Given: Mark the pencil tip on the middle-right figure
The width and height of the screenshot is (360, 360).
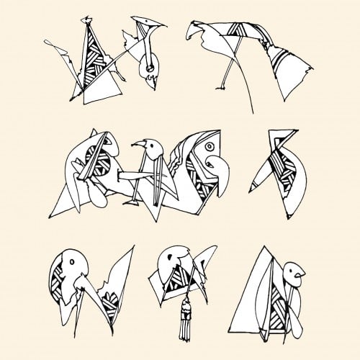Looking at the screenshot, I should (x=251, y=189).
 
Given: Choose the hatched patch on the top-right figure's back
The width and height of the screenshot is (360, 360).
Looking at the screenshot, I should (x=236, y=32).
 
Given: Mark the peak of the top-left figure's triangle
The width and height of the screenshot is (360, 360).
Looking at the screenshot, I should (x=89, y=20).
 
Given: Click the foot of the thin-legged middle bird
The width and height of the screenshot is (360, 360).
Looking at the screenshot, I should (x=132, y=204).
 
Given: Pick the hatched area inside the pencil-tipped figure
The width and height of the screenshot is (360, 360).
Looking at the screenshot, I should (x=275, y=168).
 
